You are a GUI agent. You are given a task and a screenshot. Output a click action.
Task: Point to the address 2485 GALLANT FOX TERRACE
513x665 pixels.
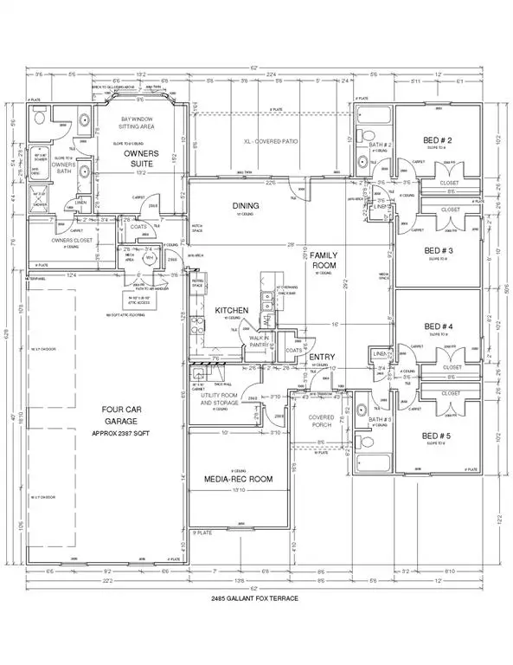coord(256,599)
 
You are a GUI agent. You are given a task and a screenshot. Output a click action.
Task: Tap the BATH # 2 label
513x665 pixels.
coord(382,145)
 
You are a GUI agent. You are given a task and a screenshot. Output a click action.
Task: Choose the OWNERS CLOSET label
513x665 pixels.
coord(55,242)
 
